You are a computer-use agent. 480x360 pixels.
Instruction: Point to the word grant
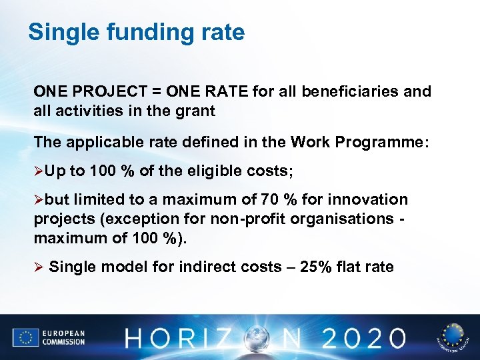[197, 111]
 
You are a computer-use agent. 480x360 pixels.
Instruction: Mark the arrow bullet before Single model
[38, 267]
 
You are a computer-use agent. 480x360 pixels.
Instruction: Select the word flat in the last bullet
[351, 267]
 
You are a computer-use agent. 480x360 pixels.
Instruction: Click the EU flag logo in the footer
[25, 337]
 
